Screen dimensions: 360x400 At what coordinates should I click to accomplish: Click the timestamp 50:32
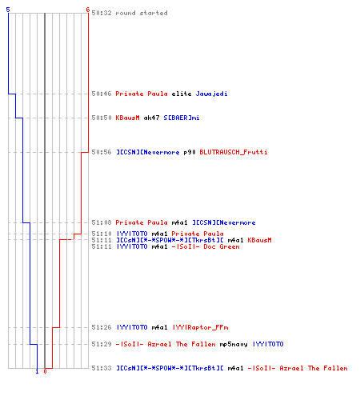point(102,13)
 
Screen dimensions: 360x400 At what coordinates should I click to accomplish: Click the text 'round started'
point(142,13)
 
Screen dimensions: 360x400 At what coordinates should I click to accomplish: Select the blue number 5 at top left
point(8,10)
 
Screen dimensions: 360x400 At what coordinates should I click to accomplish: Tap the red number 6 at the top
point(88,10)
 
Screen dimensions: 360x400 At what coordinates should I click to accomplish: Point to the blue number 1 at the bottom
point(37,371)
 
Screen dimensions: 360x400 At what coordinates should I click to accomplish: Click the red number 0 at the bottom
point(45,371)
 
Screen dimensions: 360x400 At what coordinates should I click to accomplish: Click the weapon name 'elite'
point(182,94)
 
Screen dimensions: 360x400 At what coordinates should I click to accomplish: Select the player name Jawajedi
point(211,94)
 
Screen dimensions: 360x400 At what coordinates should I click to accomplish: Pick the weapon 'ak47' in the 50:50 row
point(151,118)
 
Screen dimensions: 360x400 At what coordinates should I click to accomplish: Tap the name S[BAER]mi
point(182,118)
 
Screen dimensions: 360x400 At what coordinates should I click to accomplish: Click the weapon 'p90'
point(190,152)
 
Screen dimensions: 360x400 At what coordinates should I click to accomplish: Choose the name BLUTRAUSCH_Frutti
point(234,152)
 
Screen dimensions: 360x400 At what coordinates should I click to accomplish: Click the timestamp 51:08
point(102,222)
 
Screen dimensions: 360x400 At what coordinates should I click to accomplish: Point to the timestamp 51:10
point(102,234)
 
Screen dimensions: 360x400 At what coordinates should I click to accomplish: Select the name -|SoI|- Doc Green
point(206,246)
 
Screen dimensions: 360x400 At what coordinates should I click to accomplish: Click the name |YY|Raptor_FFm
point(200,327)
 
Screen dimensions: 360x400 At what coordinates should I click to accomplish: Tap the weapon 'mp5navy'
point(234,344)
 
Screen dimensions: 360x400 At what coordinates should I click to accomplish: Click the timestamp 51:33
point(102,368)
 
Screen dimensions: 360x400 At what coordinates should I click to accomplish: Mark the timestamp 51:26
point(102,327)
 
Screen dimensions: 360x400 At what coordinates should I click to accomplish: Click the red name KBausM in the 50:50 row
point(127,118)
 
